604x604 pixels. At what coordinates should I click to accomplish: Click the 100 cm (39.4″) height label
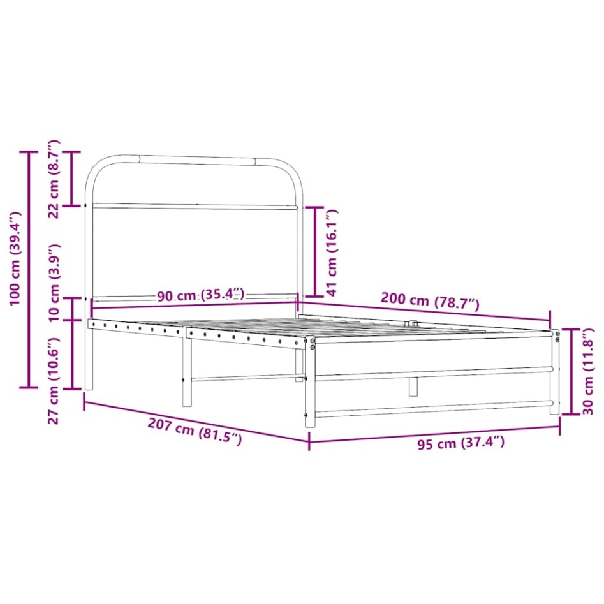(x=16, y=258)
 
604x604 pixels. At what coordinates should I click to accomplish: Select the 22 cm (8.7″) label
(x=54, y=179)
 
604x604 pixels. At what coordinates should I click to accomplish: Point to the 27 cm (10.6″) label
(x=54, y=381)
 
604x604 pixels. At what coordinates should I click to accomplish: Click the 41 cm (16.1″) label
(x=331, y=253)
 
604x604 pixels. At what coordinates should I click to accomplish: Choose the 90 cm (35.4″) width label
(x=201, y=295)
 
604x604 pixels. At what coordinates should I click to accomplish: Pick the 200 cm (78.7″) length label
(x=430, y=301)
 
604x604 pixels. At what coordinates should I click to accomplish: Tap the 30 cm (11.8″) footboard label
(x=588, y=371)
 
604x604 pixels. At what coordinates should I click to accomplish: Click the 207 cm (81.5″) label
(x=195, y=432)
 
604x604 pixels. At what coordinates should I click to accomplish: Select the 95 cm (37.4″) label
(x=460, y=443)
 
